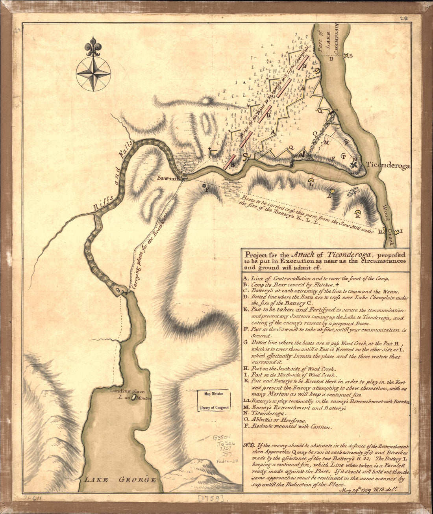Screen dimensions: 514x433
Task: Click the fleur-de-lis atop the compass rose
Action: click(x=93, y=46)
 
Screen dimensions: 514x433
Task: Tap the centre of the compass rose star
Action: click(x=93, y=73)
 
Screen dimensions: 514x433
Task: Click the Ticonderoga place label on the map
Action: click(x=388, y=166)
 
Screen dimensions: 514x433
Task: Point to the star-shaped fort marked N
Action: click(x=354, y=165)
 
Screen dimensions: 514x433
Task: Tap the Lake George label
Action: click(x=120, y=480)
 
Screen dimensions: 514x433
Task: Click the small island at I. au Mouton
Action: click(x=133, y=398)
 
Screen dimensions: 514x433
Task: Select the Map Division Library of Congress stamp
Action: click(x=214, y=401)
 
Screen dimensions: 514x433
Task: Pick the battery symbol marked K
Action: click(x=358, y=214)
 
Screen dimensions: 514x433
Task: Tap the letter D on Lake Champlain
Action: click(x=331, y=59)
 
